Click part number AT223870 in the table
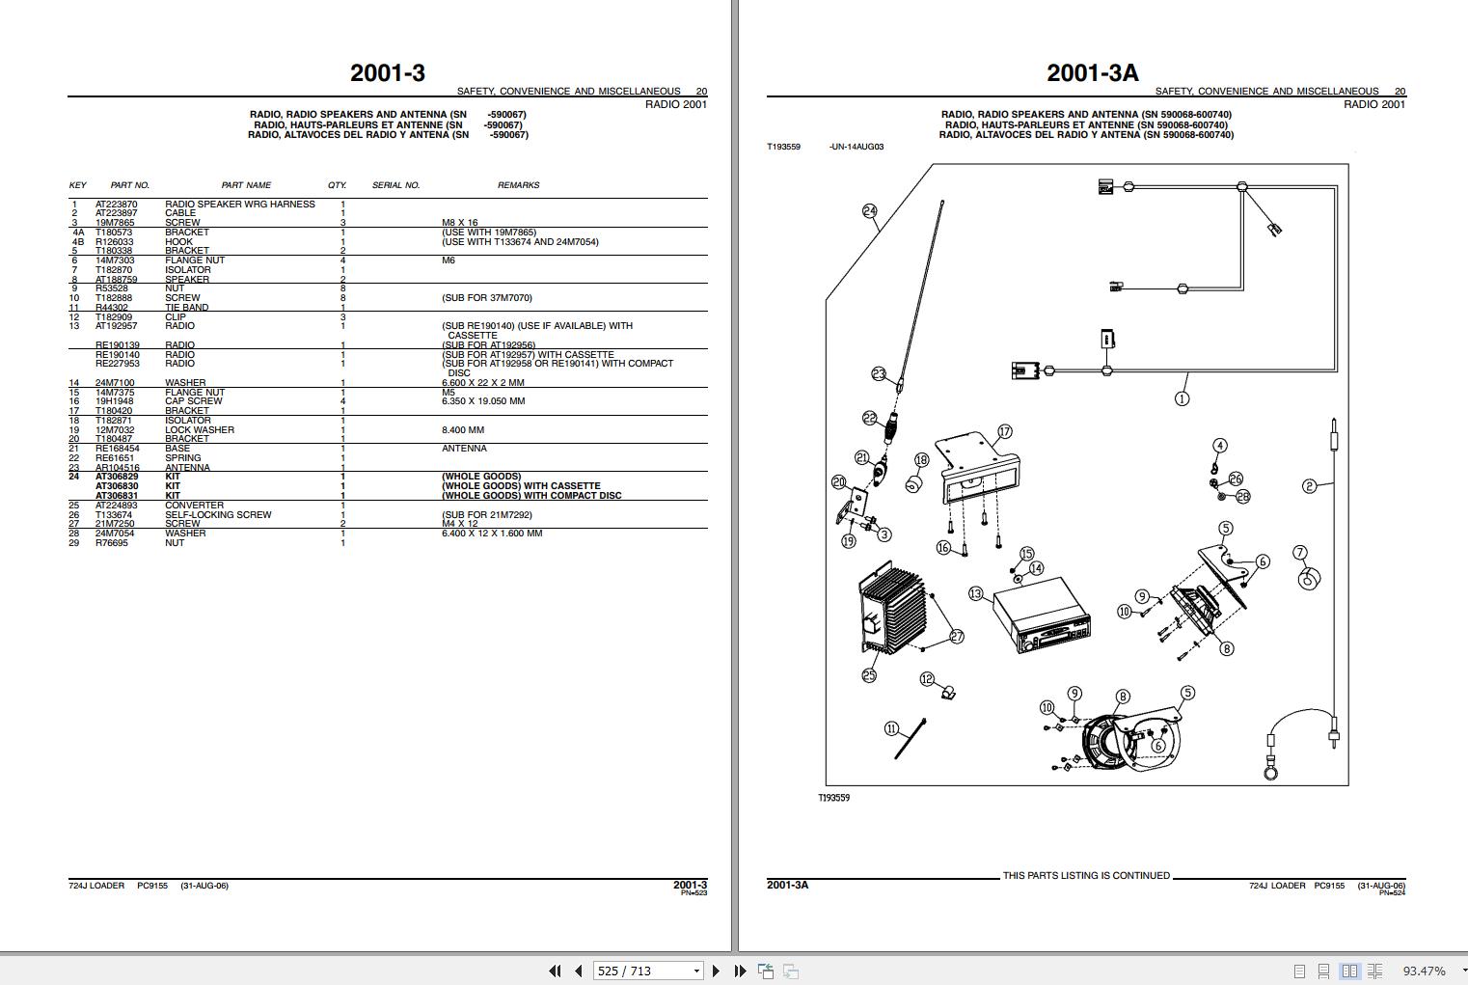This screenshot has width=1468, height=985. [116, 205]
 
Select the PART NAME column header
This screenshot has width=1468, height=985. [246, 185]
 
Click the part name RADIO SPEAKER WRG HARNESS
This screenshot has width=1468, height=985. [239, 205]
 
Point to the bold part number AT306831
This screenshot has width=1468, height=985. [117, 496]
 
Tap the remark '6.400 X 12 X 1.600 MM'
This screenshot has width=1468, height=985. [492, 534]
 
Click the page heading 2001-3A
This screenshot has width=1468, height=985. [1092, 72]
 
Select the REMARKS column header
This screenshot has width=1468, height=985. [518, 185]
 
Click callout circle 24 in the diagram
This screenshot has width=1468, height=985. [869, 210]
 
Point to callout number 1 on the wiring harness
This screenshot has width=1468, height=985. [1182, 398]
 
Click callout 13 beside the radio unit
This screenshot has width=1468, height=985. [975, 593]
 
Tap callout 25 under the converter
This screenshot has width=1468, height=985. [869, 675]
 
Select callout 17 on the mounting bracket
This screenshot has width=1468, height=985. [1004, 431]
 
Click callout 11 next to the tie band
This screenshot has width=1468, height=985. [891, 729]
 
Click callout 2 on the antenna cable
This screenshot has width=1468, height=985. [1309, 486]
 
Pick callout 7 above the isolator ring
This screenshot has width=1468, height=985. [1300, 553]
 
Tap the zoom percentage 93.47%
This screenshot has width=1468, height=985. [1423, 971]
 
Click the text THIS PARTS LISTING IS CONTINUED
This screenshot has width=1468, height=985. [1085, 876]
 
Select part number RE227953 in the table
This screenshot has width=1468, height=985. [117, 364]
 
